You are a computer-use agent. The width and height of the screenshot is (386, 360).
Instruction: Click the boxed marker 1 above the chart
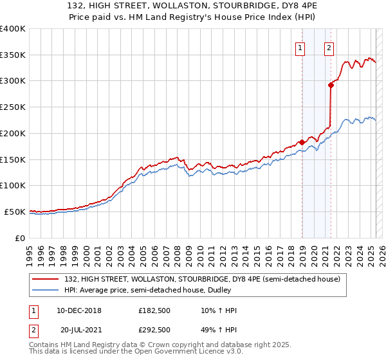(300, 46)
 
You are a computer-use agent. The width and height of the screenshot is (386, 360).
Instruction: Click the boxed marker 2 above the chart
(329, 46)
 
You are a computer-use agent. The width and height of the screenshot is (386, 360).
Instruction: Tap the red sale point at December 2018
(302, 142)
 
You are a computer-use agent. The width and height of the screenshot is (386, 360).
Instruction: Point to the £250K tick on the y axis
(14, 107)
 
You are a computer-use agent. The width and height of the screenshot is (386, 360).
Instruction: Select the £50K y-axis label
(15, 212)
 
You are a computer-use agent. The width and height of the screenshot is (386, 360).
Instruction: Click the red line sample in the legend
(46, 279)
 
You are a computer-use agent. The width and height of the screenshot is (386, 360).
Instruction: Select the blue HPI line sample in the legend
(46, 290)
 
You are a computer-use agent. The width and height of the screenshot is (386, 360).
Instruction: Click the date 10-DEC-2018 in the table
(79, 311)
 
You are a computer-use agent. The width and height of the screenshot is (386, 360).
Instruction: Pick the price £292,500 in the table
(154, 329)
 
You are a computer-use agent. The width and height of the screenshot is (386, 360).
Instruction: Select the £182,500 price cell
(154, 311)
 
